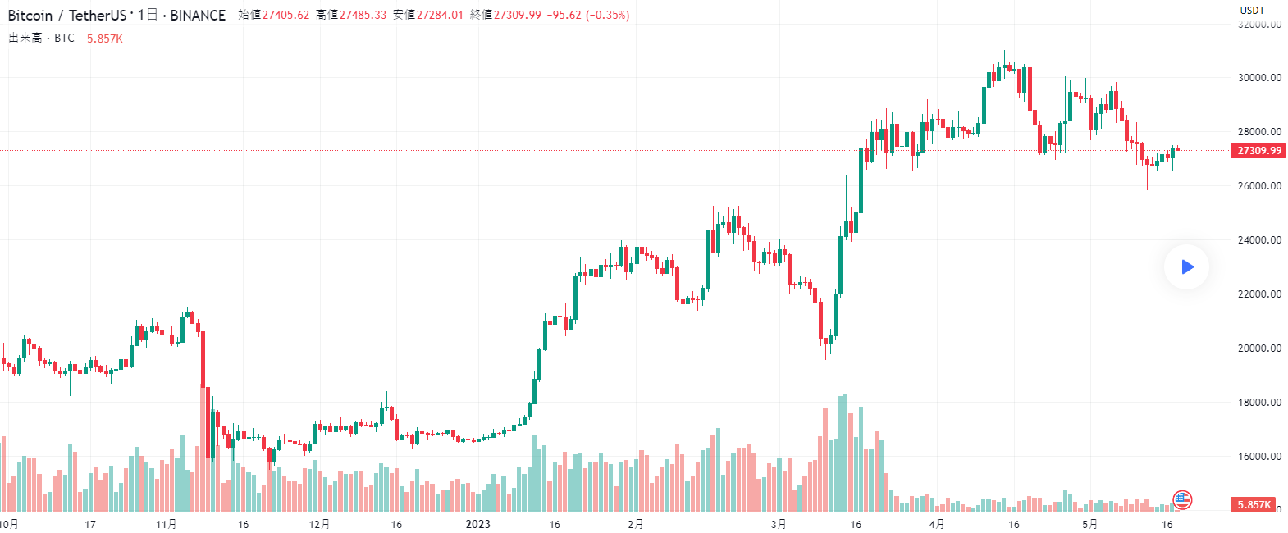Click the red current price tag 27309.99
click(x=1258, y=151)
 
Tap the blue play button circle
click(x=1186, y=266)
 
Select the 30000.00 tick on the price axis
click(x=1259, y=78)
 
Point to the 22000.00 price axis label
click(x=1259, y=294)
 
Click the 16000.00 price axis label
click(x=1259, y=457)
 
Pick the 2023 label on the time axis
click(x=477, y=524)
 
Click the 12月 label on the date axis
click(x=320, y=524)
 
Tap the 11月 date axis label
click(x=166, y=524)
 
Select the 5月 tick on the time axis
click(x=1089, y=524)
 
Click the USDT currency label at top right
click(x=1252, y=11)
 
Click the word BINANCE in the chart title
click(x=198, y=16)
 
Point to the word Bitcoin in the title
click(x=30, y=16)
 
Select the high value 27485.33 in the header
click(x=363, y=15)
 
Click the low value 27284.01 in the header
click(x=440, y=15)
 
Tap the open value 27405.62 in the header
click(x=285, y=15)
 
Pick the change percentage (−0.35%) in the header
click(x=607, y=15)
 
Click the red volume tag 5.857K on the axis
click(x=1254, y=505)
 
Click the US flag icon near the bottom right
click(x=1182, y=499)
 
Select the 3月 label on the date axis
click(x=779, y=524)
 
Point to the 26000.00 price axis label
click(x=1259, y=186)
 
